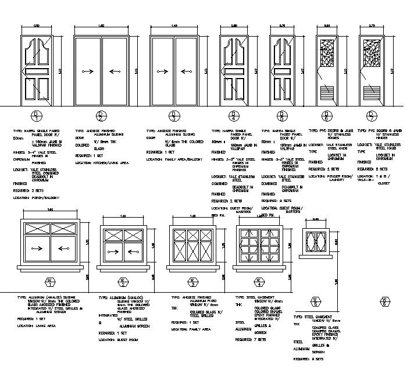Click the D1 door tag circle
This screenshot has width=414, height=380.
37,115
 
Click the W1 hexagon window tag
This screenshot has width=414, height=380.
51,283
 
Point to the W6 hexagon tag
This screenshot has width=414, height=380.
383,301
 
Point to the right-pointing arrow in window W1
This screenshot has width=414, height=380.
37,248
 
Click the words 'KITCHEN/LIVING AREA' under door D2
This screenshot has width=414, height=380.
110,164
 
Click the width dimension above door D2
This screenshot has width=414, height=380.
102,26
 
